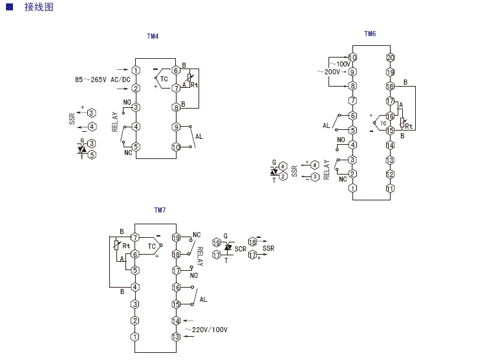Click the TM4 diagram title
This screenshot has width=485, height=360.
click(x=153, y=37)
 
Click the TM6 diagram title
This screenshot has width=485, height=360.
click(x=370, y=34)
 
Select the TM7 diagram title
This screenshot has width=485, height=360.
click(x=160, y=210)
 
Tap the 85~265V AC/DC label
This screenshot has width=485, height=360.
click(x=102, y=79)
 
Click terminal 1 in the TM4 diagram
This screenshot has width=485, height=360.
click(x=136, y=70)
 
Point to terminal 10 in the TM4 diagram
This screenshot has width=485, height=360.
click(x=176, y=147)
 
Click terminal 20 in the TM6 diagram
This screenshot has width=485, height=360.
click(x=390, y=58)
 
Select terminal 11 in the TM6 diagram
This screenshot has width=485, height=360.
click(x=390, y=189)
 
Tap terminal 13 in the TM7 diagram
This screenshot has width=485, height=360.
click(x=175, y=337)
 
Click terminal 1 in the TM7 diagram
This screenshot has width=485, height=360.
click(x=135, y=337)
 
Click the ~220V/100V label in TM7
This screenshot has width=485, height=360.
click(x=206, y=330)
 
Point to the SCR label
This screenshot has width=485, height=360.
click(x=241, y=249)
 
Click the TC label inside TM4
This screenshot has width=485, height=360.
click(x=164, y=79)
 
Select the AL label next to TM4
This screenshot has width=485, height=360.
click(x=199, y=136)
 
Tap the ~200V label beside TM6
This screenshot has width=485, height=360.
click(x=329, y=72)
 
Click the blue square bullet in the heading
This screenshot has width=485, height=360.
click(x=9, y=8)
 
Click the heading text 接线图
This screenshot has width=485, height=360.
click(x=39, y=8)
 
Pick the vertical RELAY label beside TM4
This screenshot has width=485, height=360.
click(x=115, y=122)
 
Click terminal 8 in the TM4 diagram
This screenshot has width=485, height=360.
click(x=176, y=107)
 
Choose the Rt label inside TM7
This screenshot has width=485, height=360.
click(x=126, y=246)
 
